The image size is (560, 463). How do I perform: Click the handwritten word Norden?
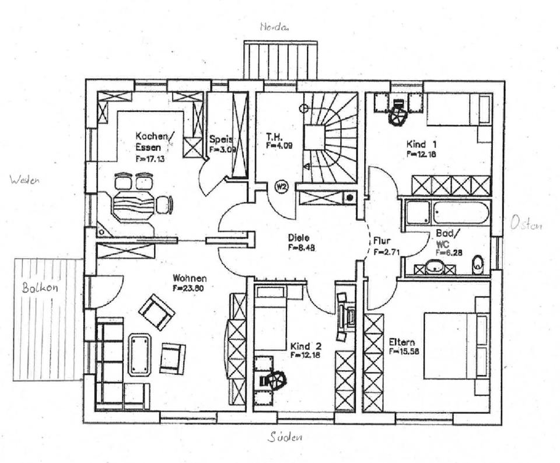pyautogui.click(x=275, y=27)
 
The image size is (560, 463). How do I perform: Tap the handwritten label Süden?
pyautogui.click(x=286, y=437)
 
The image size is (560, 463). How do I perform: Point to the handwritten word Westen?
pyautogui.click(x=24, y=181)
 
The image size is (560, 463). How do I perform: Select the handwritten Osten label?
pyautogui.click(x=526, y=223)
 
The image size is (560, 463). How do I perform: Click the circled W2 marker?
pyautogui.click(x=281, y=187)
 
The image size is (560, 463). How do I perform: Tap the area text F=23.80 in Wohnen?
pyautogui.click(x=189, y=287)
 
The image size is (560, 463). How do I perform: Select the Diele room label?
pyautogui.click(x=298, y=238)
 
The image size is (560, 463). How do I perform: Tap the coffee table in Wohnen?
pyautogui.click(x=139, y=354)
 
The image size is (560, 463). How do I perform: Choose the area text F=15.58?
pyautogui.click(x=404, y=352)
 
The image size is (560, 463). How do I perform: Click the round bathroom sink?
pyautogui.click(x=434, y=267)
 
